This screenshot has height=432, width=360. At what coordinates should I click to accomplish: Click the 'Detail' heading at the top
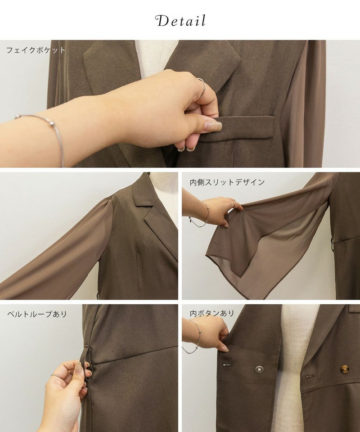(180, 21)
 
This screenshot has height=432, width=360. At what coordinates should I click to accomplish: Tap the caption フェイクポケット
(36, 50)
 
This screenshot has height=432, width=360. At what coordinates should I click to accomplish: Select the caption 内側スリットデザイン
(227, 182)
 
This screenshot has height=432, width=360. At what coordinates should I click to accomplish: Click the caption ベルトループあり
(37, 314)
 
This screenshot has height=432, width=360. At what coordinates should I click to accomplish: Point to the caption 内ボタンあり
(212, 313)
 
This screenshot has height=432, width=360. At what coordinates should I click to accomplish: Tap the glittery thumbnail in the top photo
(213, 126)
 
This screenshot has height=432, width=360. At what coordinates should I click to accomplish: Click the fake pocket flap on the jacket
(237, 128)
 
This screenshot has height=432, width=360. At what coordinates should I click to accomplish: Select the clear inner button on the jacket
(260, 369)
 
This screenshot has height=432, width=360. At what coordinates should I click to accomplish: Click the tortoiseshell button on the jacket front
(345, 369)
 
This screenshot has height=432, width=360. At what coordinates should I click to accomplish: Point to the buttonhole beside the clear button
(227, 365)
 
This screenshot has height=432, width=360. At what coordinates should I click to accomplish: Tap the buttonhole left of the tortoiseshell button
(310, 376)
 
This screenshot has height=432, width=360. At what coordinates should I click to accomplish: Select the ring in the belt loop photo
(56, 376)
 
